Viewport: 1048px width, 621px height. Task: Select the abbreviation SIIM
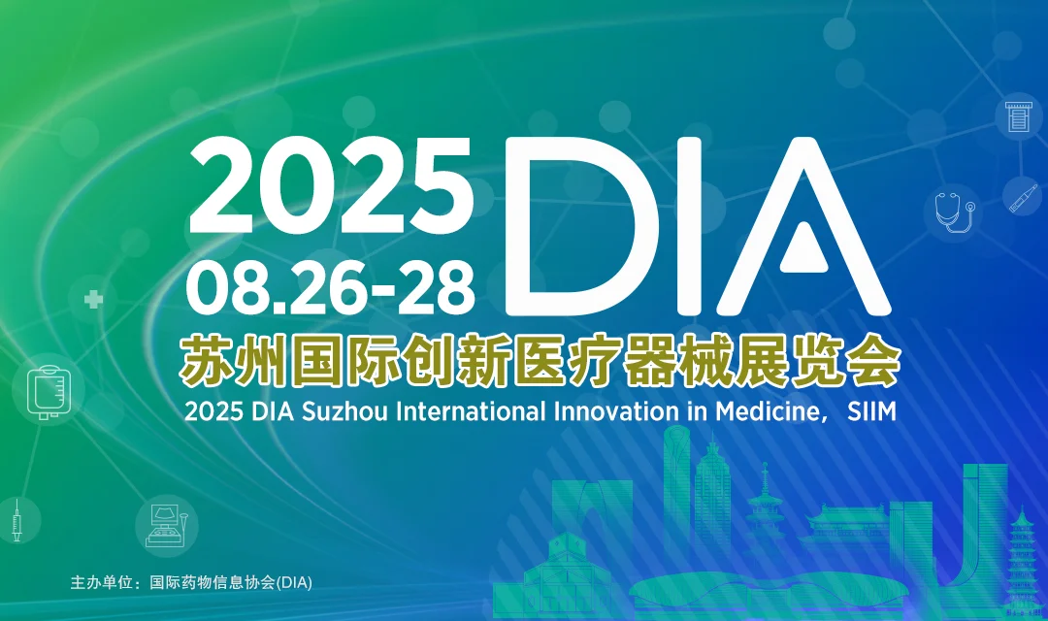coord(871,410)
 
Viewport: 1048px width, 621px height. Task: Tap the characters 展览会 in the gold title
coord(843,361)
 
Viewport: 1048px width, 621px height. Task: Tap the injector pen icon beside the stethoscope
coord(1022,198)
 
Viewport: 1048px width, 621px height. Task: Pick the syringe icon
coord(16,521)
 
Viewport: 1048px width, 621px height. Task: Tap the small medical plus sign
coord(93,300)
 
